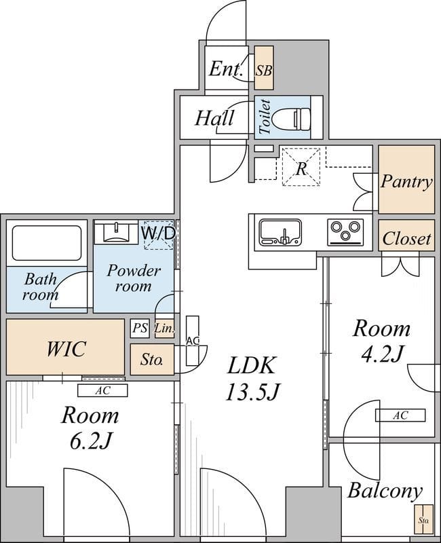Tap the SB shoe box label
click(x=264, y=69)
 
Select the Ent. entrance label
click(x=226, y=69)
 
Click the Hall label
click(x=214, y=118)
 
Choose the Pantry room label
click(x=406, y=181)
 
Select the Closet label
click(x=406, y=238)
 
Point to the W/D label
click(x=158, y=233)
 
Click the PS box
click(x=140, y=329)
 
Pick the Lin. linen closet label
click(x=164, y=329)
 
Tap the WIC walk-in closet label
click(x=66, y=349)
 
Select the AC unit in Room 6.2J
click(x=102, y=390)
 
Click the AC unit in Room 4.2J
click(x=400, y=415)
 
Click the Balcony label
click(x=385, y=491)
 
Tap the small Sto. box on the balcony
click(x=424, y=520)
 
